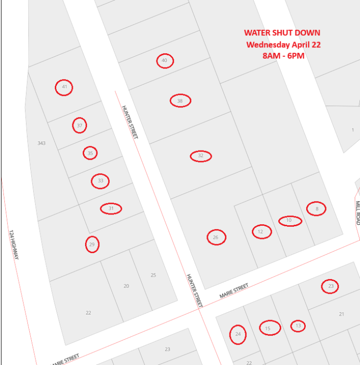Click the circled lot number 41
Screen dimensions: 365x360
pyautogui.click(x=64, y=87)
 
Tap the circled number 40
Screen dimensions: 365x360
pyautogui.click(x=165, y=61)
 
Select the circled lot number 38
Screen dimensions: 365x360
pyautogui.click(x=180, y=101)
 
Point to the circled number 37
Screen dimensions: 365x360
pyautogui.click(x=79, y=126)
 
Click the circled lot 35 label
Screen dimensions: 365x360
pyautogui.click(x=90, y=153)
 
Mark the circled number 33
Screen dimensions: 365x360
pyautogui.click(x=100, y=181)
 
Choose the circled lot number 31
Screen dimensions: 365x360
pyautogui.click(x=111, y=209)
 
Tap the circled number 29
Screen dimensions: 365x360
pyautogui.click(x=92, y=244)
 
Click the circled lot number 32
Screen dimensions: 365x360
pyautogui.click(x=201, y=156)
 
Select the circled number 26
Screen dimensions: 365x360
pyautogui.click(x=216, y=237)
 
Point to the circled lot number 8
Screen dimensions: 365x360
pyautogui.click(x=316, y=209)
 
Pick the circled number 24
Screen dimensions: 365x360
pyautogui.click(x=238, y=334)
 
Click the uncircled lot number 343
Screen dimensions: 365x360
pyautogui.click(x=41, y=143)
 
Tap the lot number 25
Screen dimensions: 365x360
pyautogui.click(x=153, y=275)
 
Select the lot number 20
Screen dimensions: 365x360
pyautogui.click(x=126, y=286)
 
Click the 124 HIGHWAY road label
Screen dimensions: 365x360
pyautogui.click(x=13, y=244)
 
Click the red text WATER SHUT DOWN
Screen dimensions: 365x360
pyautogui.click(x=282, y=33)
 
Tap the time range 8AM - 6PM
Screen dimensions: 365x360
pyautogui.click(x=283, y=56)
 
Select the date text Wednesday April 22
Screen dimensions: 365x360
pyautogui.click(x=283, y=44)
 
